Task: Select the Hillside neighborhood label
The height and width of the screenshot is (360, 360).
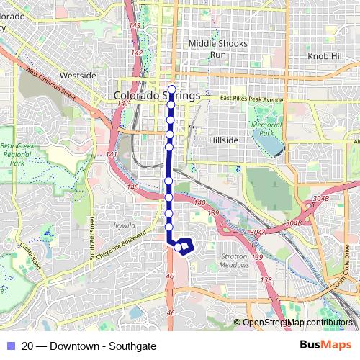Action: click(222, 140)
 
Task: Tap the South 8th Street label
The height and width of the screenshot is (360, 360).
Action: click(91, 238)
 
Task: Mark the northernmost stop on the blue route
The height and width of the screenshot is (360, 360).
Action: click(171, 90)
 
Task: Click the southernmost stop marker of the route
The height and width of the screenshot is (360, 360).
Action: click(178, 247)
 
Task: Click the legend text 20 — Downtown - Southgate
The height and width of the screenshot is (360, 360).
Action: click(89, 346)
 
